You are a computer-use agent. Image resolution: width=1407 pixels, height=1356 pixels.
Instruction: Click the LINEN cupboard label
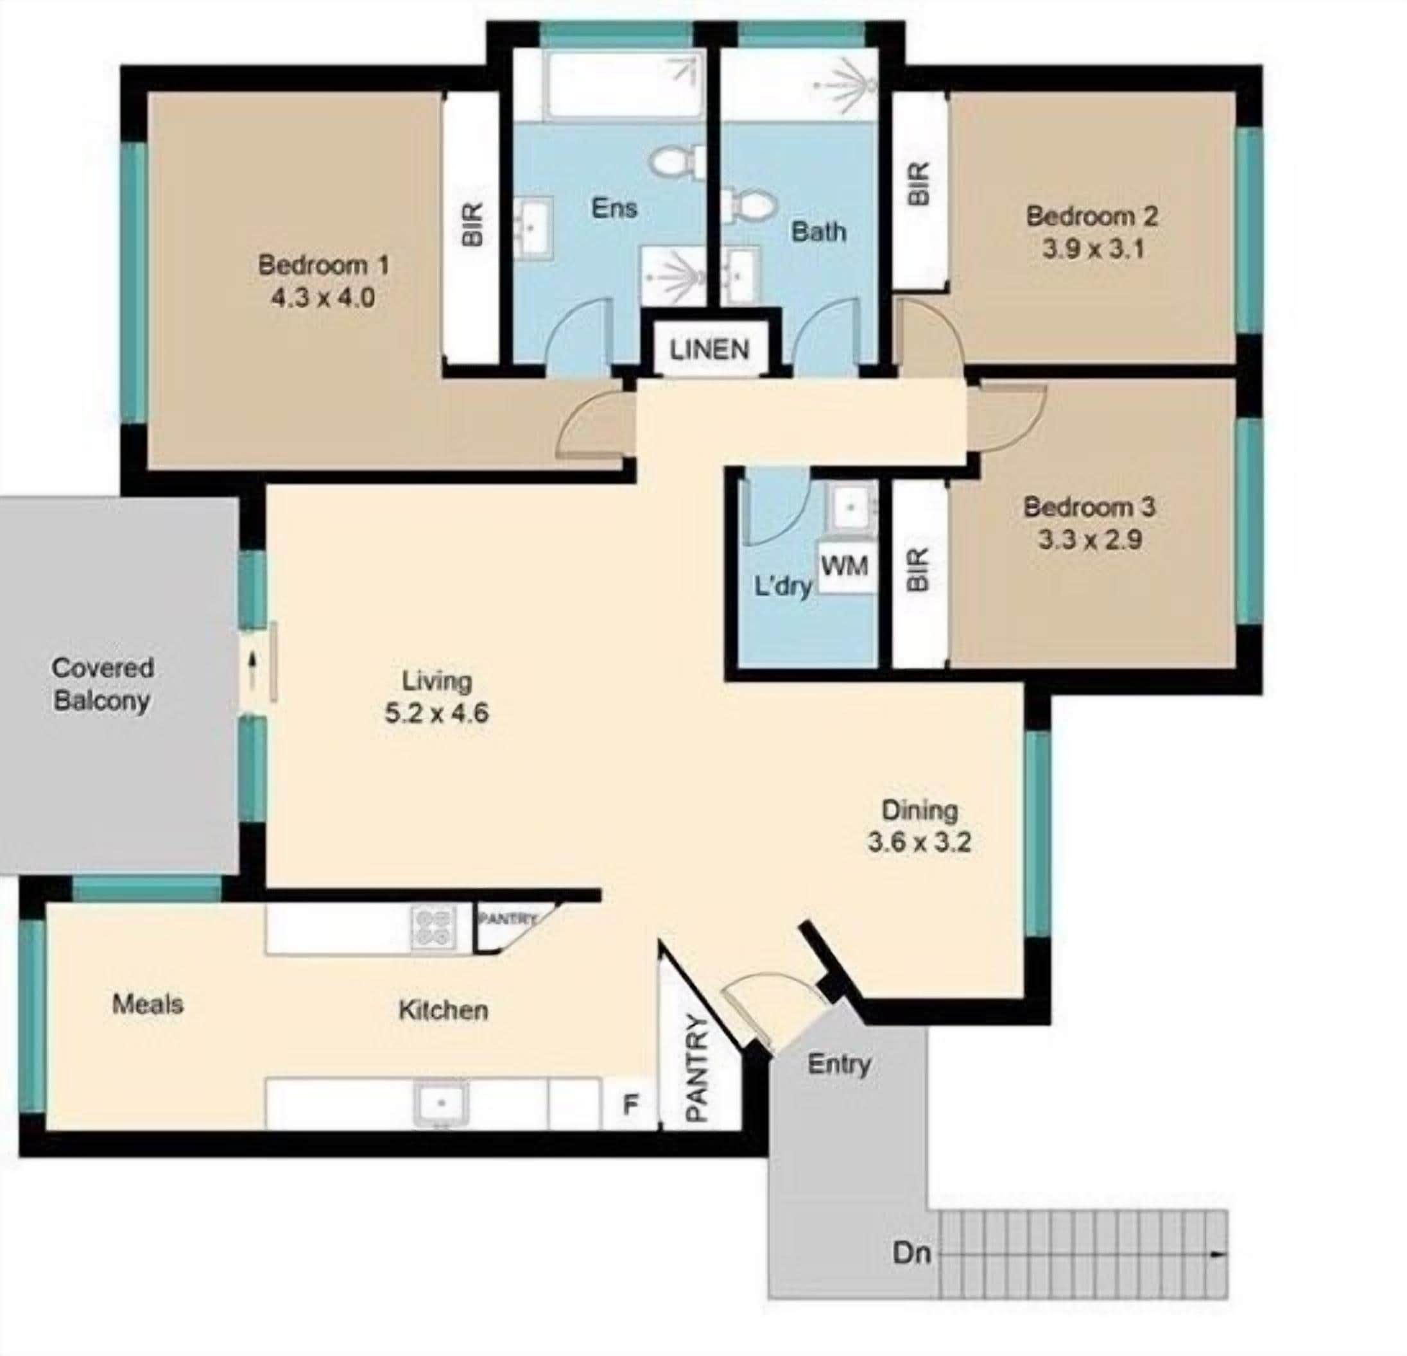pyautogui.click(x=709, y=350)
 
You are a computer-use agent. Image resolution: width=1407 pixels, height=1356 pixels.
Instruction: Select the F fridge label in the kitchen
pyautogui.click(x=630, y=1104)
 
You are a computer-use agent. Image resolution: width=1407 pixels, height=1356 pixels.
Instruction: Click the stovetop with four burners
pyautogui.click(x=433, y=927)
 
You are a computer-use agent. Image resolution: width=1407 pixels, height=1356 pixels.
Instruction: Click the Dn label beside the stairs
pyautogui.click(x=911, y=1253)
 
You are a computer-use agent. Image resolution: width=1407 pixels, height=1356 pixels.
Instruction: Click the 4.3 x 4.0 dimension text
pyautogui.click(x=323, y=297)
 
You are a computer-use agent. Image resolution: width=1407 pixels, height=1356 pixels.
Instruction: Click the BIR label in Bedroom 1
pyautogui.click(x=472, y=225)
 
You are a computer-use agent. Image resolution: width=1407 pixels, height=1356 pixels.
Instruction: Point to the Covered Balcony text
pyautogui.click(x=102, y=684)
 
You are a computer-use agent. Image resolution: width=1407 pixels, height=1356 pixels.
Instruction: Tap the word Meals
pyautogui.click(x=148, y=1004)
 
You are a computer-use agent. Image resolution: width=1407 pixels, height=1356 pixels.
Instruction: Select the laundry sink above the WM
pyautogui.click(x=850, y=507)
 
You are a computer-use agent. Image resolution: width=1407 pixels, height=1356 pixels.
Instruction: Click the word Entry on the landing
pyautogui.click(x=838, y=1064)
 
